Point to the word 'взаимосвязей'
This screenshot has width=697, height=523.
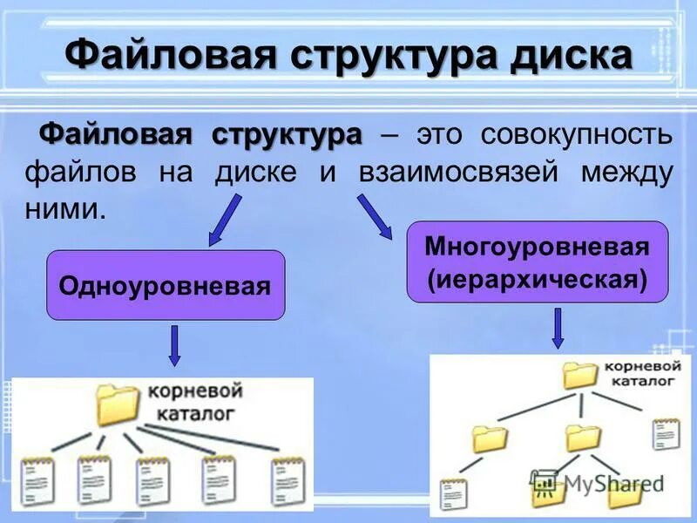click(457, 172)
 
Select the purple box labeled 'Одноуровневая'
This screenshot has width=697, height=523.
click(166, 285)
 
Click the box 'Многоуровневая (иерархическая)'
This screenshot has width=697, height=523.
click(538, 261)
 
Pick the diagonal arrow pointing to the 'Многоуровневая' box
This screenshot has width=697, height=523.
click(375, 214)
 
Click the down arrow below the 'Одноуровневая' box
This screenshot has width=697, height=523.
click(174, 345)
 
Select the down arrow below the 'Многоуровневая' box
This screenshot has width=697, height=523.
click(558, 329)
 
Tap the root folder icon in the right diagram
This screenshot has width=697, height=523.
click(579, 374)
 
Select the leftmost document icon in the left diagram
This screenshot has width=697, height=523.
click(37, 481)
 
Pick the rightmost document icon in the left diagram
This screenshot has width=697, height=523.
click(288, 481)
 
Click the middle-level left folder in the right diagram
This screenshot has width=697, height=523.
click(491, 438)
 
